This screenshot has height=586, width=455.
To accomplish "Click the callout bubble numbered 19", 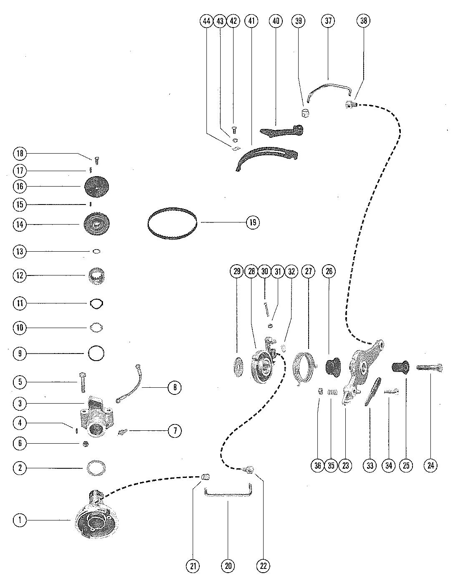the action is pyautogui.click(x=253, y=222).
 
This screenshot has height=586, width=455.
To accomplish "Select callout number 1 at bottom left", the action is pyautogui.click(x=20, y=520).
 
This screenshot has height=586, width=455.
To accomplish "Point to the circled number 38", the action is pyautogui.click(x=363, y=21).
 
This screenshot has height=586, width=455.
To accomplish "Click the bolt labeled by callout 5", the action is pyautogui.click(x=83, y=382).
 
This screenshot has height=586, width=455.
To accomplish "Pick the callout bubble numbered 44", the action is pyautogui.click(x=206, y=21).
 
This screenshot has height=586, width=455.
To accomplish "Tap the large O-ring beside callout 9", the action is pyautogui.click(x=96, y=346).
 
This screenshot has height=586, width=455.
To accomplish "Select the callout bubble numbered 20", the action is pyautogui.click(x=228, y=566).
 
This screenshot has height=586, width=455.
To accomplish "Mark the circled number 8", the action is pyautogui.click(x=175, y=387).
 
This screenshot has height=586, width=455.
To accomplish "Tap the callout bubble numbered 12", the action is pyautogui.click(x=20, y=275).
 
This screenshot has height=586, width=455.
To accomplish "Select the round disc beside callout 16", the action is pyautogui.click(x=96, y=186).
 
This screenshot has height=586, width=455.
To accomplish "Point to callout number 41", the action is pyautogui.click(x=251, y=21).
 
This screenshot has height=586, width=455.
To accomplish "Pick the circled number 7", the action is pyautogui.click(x=175, y=431).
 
